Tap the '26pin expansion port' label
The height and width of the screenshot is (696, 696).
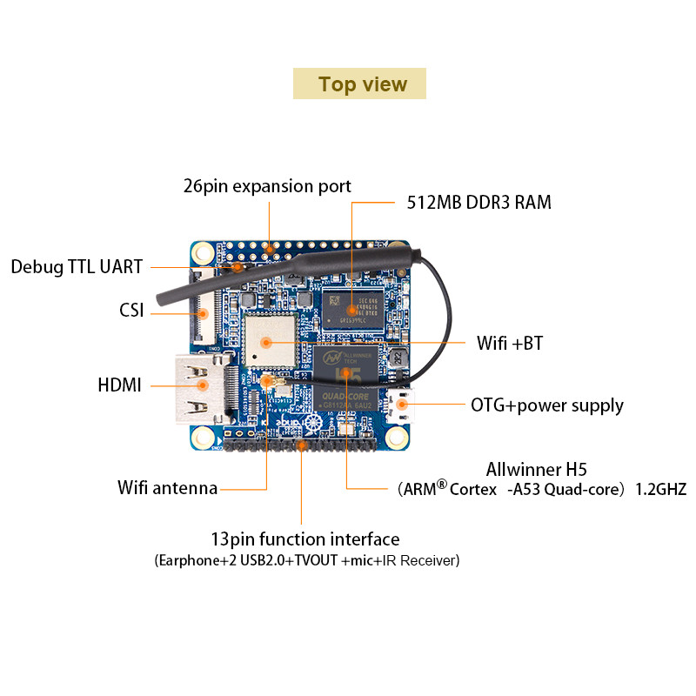click(267, 186)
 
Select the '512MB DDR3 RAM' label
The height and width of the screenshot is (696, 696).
click(478, 203)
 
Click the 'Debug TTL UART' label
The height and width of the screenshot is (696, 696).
click(77, 266)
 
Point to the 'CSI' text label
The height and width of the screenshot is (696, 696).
click(131, 310)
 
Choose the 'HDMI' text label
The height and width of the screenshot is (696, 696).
click(120, 385)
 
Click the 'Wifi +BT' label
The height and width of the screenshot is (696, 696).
click(509, 343)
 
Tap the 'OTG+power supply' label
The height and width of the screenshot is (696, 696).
click(546, 405)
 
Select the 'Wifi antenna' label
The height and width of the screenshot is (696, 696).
click(167, 487)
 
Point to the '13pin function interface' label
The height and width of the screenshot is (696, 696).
click(305, 539)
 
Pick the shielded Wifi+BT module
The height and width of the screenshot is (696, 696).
click(270, 338)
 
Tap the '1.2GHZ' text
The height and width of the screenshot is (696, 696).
click(660, 489)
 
